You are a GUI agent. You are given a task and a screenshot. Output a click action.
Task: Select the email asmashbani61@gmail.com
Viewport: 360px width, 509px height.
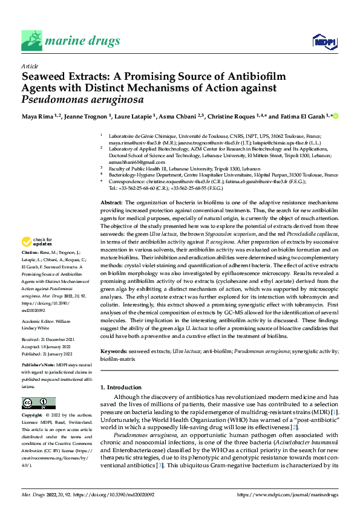coord(129,162)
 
